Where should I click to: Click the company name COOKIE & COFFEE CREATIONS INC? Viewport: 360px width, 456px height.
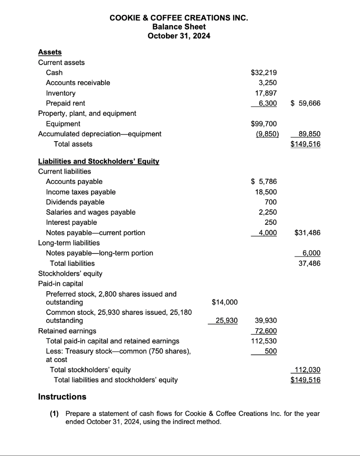click(x=179, y=18)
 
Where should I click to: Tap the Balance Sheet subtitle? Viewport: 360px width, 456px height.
click(x=179, y=27)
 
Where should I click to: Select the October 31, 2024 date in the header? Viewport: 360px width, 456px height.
click(x=179, y=36)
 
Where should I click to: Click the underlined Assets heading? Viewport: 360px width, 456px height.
click(x=50, y=52)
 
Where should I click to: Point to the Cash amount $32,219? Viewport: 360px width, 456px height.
click(x=264, y=73)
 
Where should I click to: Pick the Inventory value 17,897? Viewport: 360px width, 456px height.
click(x=267, y=93)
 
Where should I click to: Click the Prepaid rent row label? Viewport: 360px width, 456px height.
click(x=65, y=103)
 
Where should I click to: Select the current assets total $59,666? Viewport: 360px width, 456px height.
click(x=305, y=103)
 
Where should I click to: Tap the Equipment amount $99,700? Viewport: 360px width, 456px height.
click(x=264, y=124)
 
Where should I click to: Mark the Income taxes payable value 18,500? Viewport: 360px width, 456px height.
click(x=267, y=192)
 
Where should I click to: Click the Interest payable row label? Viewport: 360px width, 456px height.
click(x=71, y=222)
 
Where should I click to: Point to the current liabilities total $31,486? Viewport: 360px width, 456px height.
click(x=307, y=232)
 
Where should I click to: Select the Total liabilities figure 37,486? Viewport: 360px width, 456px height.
click(x=310, y=263)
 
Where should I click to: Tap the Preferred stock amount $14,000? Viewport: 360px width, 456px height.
click(x=225, y=303)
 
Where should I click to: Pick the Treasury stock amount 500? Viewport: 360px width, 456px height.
click(x=271, y=351)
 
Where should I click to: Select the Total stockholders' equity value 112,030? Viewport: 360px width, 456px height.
click(x=307, y=370)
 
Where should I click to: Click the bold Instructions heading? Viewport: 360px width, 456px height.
click(x=62, y=396)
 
